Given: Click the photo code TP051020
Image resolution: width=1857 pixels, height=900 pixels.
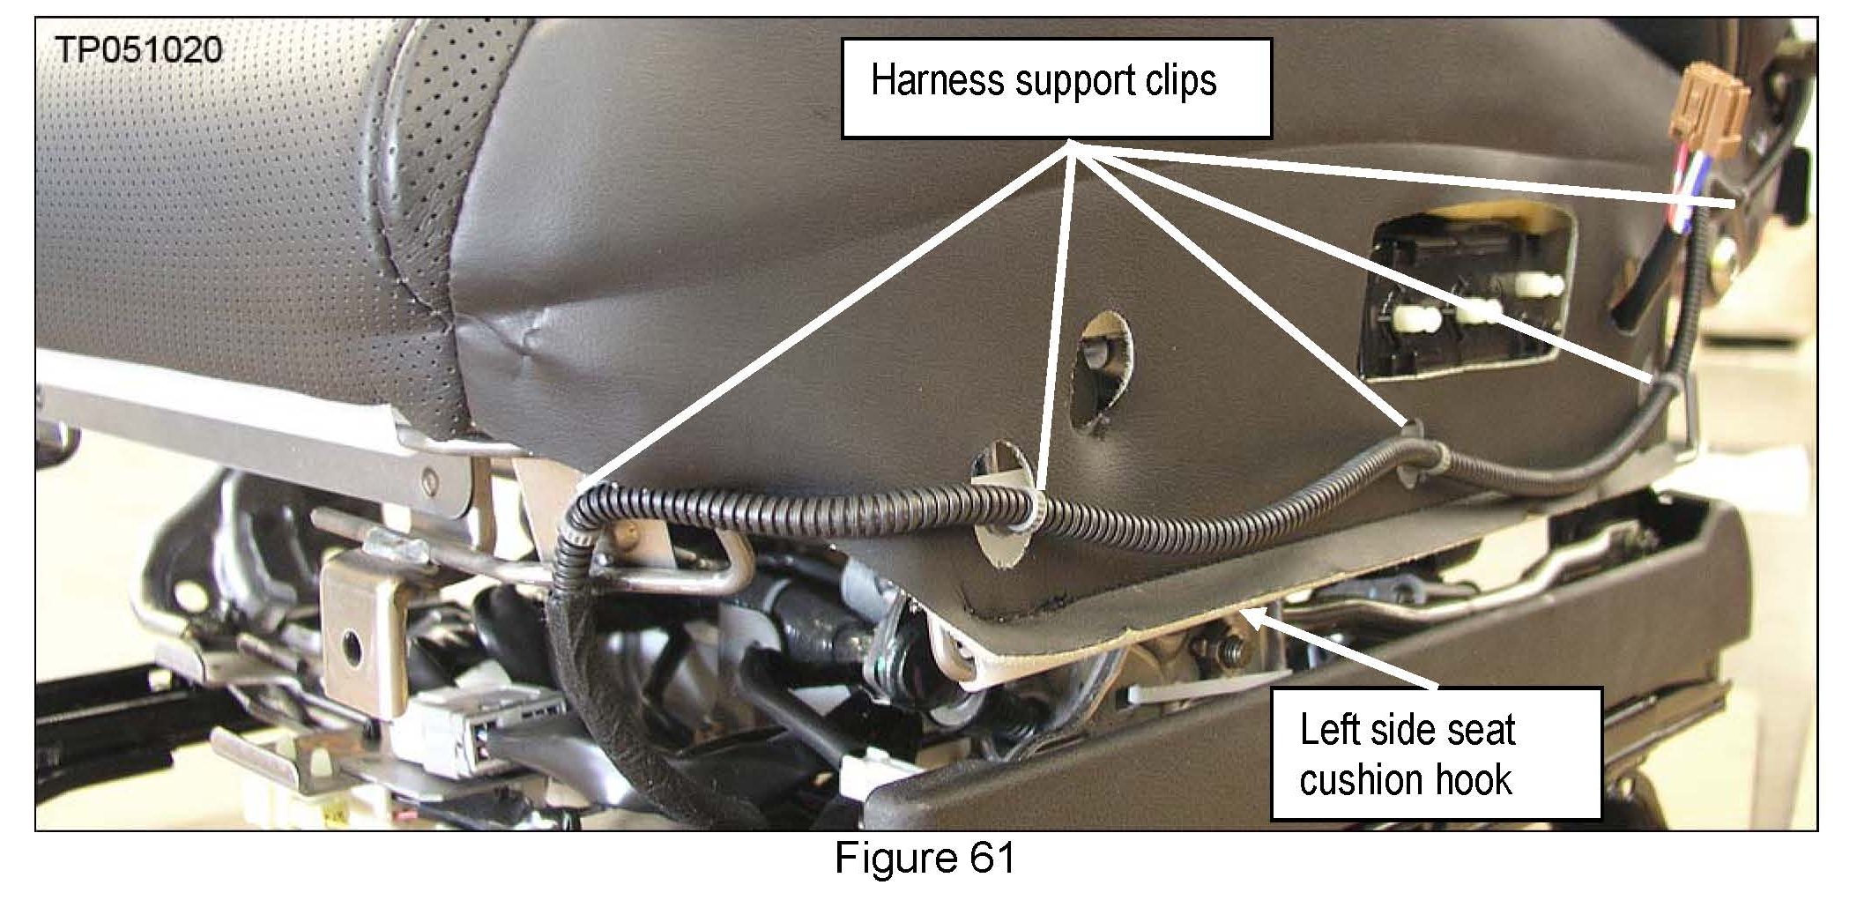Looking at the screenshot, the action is coord(138,49).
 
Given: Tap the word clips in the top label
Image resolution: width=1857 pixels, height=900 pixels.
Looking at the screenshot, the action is coord(1178,80).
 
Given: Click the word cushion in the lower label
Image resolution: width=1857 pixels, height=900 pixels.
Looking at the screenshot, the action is coord(1357,779).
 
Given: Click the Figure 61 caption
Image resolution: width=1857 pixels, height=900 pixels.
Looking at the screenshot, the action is coord(925,858).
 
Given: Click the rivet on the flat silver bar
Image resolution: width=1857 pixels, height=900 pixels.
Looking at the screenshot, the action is coord(429,481).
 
